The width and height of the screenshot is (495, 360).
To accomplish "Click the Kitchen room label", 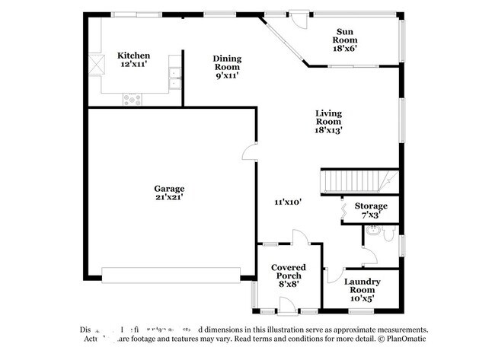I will point(133,56).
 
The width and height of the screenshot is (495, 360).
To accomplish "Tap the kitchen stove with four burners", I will point(133,97).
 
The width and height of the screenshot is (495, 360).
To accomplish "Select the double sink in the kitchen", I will point(175,74).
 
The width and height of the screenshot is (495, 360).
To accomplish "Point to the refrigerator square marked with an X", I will point(95,64).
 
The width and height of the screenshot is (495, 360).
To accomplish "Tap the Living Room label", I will point(329,117).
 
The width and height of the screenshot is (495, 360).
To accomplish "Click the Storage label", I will point(371,206).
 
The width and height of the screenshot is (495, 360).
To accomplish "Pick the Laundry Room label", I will point(362,286).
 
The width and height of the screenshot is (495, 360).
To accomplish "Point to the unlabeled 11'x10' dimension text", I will point(289,202).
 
